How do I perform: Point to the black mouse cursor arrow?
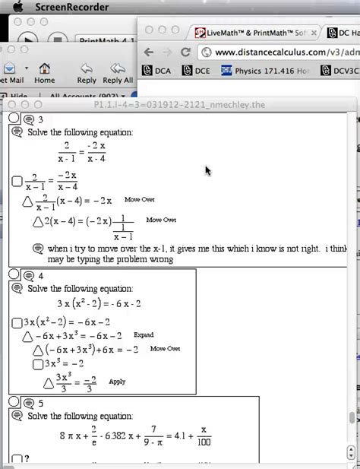208,170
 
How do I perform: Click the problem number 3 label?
40,119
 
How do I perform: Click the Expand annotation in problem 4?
144,334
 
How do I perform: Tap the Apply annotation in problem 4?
117,382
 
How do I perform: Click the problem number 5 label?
40,403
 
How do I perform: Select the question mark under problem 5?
27,458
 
